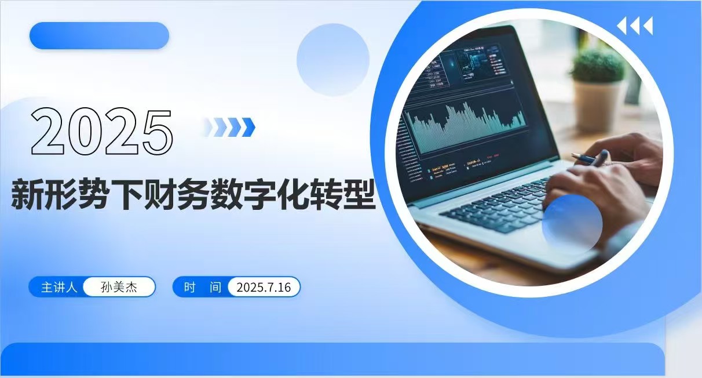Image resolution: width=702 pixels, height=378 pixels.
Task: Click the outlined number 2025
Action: point(102,131)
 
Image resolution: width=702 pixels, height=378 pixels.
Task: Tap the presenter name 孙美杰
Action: point(119,287)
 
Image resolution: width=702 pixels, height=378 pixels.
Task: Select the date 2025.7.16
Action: point(264,288)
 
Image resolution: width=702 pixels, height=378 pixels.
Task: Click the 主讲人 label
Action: point(59,287)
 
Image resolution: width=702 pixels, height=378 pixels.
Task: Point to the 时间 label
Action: point(203,287)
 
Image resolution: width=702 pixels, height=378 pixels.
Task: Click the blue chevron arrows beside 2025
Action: point(230,127)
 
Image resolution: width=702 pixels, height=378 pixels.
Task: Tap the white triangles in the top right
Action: point(635,26)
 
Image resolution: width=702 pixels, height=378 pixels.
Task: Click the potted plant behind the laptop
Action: point(597,89)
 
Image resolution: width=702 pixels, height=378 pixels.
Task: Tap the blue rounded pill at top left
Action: point(100,35)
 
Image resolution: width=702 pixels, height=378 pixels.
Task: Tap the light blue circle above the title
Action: point(333,60)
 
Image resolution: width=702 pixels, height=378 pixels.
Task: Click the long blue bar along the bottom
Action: point(334,359)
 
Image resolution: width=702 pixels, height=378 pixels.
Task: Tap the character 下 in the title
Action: point(126,194)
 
